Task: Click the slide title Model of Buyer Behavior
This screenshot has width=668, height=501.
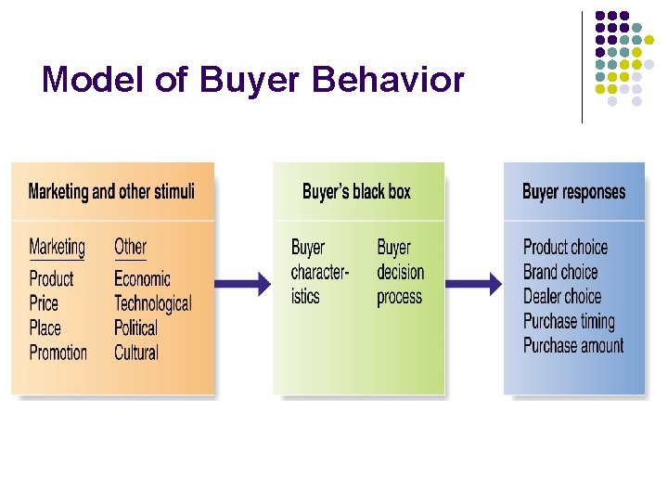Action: [x=252, y=81]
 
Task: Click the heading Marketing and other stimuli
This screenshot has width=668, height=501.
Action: [x=111, y=192]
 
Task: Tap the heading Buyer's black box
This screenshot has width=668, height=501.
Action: [x=356, y=192]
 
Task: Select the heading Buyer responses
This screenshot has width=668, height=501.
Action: [x=573, y=192]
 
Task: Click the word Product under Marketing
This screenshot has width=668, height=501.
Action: [x=51, y=278]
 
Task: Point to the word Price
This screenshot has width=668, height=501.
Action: [x=44, y=303]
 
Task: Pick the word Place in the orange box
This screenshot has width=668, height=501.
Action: [x=45, y=328]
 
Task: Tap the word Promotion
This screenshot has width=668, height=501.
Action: [x=58, y=353]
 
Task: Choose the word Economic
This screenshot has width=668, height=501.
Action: [x=142, y=278]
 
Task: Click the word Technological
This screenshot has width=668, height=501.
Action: [x=152, y=303]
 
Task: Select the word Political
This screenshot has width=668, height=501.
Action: [x=135, y=328]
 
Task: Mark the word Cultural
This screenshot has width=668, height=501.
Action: [x=136, y=353]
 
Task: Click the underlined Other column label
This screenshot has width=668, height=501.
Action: [x=130, y=247]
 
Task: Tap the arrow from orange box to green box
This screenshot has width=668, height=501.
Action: [x=243, y=285]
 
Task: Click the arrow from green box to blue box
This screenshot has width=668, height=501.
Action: [x=474, y=285]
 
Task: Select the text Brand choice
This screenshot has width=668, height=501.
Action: [x=560, y=272]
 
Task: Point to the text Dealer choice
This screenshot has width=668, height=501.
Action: [x=562, y=297]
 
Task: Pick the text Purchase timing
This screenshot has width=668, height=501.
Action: [x=569, y=322]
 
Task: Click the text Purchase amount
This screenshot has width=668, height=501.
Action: [x=573, y=346]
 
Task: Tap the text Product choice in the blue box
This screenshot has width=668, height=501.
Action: [x=565, y=247]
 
